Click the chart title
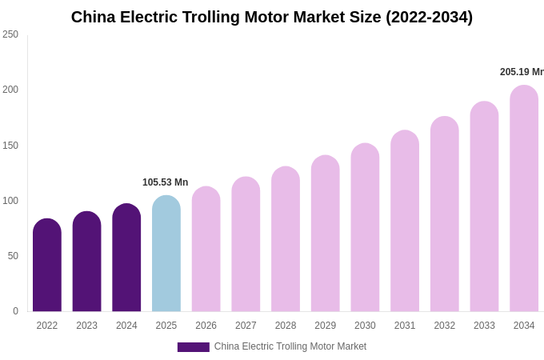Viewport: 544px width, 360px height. [x=272, y=17]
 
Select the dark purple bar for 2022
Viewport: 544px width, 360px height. [x=47, y=266]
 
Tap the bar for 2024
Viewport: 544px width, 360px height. [x=126, y=258]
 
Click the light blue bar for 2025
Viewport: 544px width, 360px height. [x=166, y=254]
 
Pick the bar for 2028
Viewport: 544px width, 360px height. [x=286, y=239]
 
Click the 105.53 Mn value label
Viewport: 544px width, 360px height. [x=165, y=182]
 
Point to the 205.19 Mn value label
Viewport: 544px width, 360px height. [x=522, y=72]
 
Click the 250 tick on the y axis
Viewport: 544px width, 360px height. [x=10, y=34]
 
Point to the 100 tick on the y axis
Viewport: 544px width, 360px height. [x=10, y=201]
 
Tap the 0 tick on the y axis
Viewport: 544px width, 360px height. [x=15, y=311]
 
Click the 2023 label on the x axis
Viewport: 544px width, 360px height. [x=86, y=326]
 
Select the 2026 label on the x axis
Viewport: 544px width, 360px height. [x=206, y=326]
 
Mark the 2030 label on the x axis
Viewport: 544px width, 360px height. [x=365, y=326]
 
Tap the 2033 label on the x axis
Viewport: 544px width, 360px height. [x=484, y=326]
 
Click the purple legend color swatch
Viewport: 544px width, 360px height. [x=193, y=347]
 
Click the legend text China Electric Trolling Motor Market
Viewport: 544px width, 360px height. [x=290, y=346]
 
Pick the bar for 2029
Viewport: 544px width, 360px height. [x=326, y=234]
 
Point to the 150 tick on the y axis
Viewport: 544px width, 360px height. [x=10, y=146]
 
